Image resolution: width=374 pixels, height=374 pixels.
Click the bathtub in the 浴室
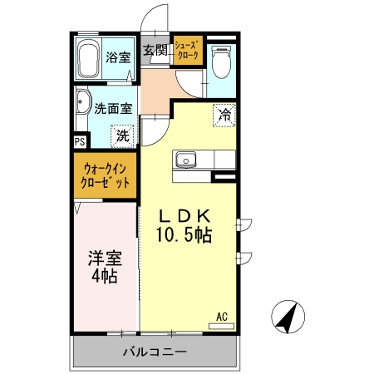click(90, 59)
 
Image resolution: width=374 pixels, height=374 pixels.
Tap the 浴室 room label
click(118, 57)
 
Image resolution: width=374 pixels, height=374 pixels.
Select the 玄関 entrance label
click(155, 50)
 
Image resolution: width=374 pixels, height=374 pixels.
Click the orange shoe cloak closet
click(186, 50)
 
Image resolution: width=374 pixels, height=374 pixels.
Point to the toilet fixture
click(221, 61)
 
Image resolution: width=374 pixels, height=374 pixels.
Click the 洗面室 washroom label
click(112, 107)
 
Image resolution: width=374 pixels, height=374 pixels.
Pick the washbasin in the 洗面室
click(82, 104)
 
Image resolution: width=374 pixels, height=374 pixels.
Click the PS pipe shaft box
click(79, 141)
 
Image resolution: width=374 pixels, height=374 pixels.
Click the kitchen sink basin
click(185, 158)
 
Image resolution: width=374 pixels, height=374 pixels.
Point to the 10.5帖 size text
click(185, 234)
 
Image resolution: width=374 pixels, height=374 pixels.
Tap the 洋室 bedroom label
click(104, 257)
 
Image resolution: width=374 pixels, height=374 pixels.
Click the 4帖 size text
click(104, 276)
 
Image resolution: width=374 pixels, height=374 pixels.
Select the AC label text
click(222, 317)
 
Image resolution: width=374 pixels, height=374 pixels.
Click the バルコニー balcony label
click(155, 351)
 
